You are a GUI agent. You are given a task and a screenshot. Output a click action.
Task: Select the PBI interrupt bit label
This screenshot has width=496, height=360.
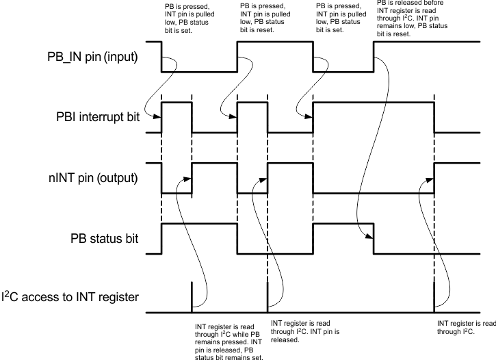tap(100, 118)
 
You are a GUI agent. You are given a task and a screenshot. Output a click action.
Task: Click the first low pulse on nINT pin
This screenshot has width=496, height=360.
tap(177, 193)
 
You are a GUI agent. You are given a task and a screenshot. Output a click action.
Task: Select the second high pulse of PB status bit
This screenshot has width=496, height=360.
tap(342, 224)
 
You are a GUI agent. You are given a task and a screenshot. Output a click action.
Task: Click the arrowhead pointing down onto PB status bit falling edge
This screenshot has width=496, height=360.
tap(370, 237)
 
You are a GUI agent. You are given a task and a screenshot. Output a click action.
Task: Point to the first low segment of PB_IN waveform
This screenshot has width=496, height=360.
tap(199, 70)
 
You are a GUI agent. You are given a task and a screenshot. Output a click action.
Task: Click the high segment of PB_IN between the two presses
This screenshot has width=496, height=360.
tap(274, 42)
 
